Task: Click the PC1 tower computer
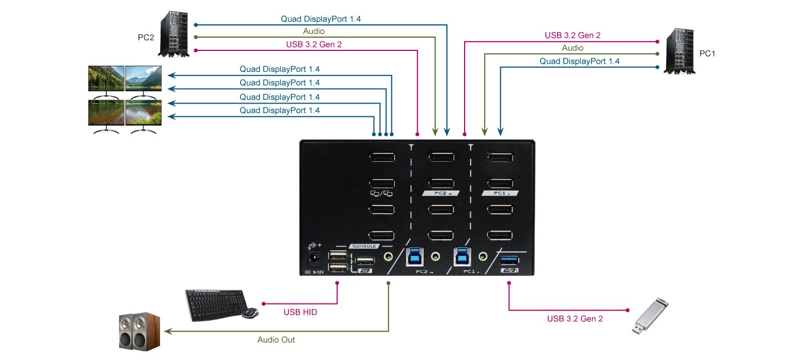pos(680,52)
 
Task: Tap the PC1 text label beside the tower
pos(707,54)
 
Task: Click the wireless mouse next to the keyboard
pos(250,313)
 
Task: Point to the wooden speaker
pos(140,331)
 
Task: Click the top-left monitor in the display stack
pos(106,79)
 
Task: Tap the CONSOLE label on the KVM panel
pos(363,246)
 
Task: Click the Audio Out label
pos(276,340)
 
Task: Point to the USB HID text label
pos(300,312)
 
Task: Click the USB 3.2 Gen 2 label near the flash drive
pos(575,318)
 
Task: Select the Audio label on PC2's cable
pos(313,32)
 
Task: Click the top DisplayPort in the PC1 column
pos(500,157)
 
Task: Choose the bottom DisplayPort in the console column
pos(382,235)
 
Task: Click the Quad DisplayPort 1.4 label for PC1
pos(579,61)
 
